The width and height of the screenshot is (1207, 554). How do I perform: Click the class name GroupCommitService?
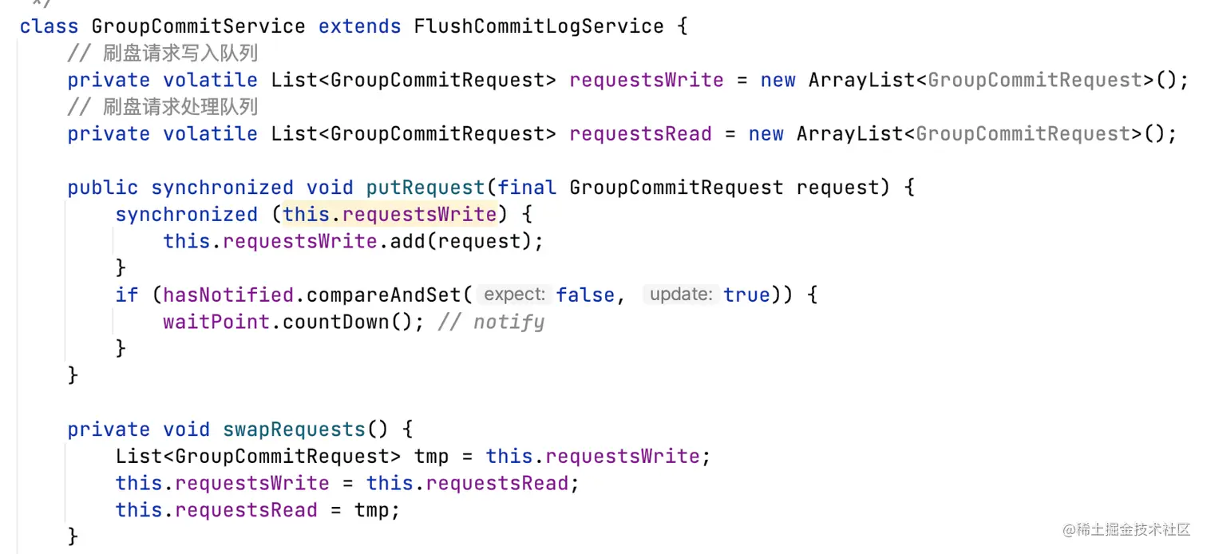pos(198,26)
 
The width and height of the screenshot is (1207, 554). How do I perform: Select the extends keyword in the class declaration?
pos(359,26)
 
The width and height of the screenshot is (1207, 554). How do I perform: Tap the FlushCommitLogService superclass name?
pos(538,26)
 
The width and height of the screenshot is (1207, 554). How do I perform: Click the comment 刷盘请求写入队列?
pos(180,53)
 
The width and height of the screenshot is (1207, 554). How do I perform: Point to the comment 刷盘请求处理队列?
pos(180,107)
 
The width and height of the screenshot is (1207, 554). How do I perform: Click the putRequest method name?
pos(425,188)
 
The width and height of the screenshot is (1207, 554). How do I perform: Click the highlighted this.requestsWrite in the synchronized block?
pos(390,215)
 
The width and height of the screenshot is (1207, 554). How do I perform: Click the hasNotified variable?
pos(228,295)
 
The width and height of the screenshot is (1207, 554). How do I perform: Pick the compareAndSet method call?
pos(383,295)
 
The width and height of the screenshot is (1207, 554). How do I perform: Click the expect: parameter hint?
pos(514,295)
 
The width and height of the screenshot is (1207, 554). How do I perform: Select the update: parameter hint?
pos(680,295)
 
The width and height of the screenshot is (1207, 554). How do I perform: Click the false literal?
pos(585,295)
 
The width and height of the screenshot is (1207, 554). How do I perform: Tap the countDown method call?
pos(335,322)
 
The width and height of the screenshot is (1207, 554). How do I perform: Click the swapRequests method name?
pos(294,429)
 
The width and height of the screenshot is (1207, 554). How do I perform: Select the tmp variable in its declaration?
pos(431,457)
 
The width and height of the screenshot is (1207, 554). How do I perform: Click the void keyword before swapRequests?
pos(187,429)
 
